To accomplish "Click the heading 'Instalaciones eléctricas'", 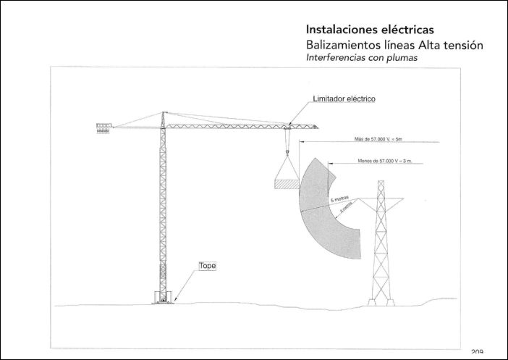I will [370, 30].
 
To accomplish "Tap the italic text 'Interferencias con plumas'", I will [363, 59].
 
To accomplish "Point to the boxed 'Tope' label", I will [208, 266].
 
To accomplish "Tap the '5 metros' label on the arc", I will [339, 198].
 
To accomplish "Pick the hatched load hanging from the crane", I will [287, 185].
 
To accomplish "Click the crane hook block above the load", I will [287, 152].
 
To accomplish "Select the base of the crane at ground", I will [163, 297].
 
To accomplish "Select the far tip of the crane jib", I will [317, 127].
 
